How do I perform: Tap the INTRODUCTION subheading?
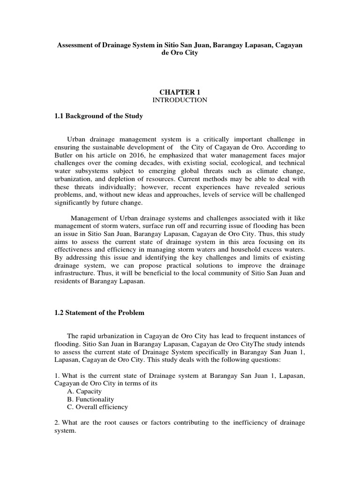(x=180, y=100)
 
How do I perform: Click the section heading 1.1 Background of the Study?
(x=99, y=116)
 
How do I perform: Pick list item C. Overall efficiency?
(x=97, y=407)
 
